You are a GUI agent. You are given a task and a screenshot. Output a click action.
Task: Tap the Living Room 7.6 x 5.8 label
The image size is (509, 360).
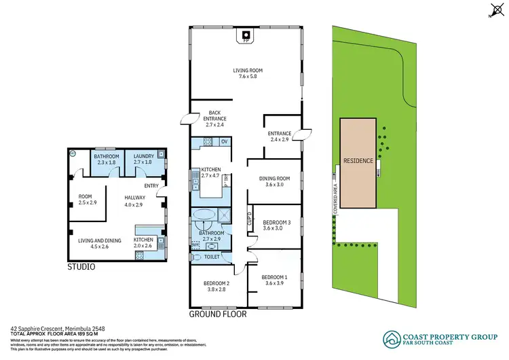(x=248, y=73)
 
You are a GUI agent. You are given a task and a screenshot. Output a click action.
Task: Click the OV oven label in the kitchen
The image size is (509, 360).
(x=225, y=141)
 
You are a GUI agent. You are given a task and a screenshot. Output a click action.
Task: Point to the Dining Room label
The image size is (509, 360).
(x=275, y=181)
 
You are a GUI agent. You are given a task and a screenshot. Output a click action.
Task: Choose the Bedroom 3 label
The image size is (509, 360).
(x=277, y=225)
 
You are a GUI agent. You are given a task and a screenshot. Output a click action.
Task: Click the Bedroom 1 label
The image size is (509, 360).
(x=276, y=279)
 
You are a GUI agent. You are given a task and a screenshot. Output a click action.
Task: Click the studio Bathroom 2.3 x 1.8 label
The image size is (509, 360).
(x=107, y=159)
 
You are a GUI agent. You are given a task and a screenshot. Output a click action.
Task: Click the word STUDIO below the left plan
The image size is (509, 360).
(x=81, y=268)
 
